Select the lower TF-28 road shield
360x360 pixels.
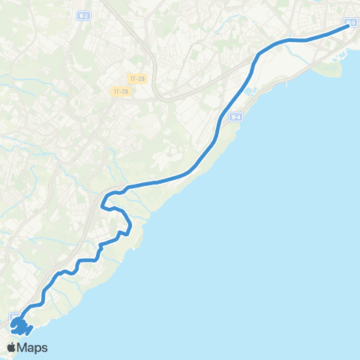coord(120,91)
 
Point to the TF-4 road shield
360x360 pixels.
coord(235,117)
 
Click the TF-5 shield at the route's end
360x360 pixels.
coord(352,23)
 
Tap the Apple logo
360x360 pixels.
coord(13,347)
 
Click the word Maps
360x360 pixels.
coord(34,347)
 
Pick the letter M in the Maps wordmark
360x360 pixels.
coord(25,347)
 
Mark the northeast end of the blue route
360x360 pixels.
coord(347,25)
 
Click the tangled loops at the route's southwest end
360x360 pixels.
coord(20,327)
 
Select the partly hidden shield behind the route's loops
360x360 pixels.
coord(14,316)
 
